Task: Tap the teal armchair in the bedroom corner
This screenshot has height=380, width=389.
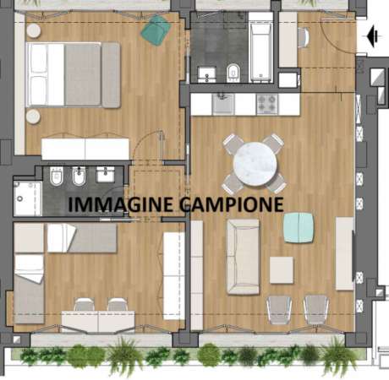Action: point(154,31)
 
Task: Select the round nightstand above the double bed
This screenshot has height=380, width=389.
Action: point(34,30)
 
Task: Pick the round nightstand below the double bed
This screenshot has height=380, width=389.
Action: point(34,116)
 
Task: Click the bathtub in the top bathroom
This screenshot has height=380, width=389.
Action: point(261,50)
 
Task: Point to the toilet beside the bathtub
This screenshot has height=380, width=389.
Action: point(232,71)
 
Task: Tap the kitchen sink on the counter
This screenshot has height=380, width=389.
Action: point(222,103)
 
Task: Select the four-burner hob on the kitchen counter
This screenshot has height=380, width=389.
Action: point(267,103)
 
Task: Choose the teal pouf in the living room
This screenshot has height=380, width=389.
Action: point(298,227)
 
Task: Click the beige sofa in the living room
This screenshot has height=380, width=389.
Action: point(243,256)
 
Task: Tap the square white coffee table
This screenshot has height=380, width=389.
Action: point(282,270)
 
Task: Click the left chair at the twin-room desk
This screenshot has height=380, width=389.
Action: point(84,305)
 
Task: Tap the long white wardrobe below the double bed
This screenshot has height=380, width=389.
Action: point(85,149)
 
